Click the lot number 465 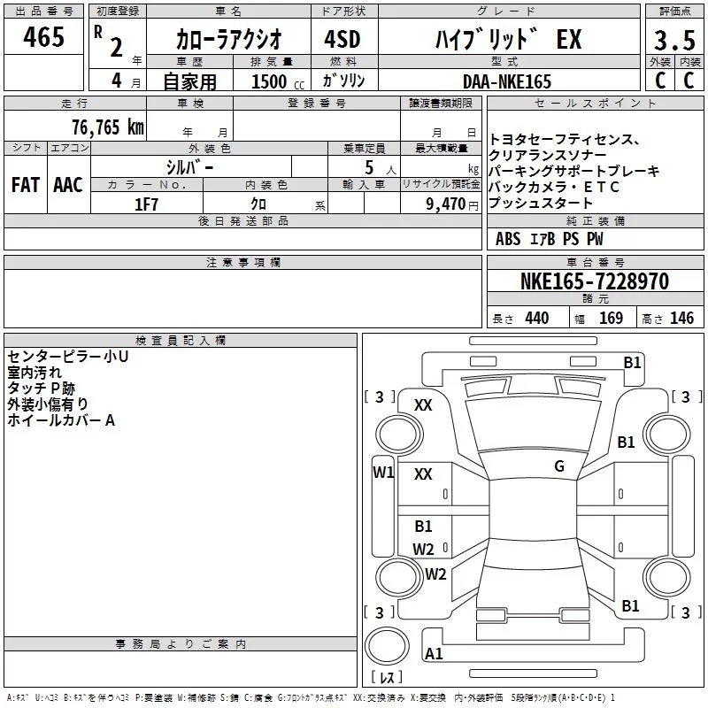pos(44,37)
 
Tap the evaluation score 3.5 pos(673,40)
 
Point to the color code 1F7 pos(146,204)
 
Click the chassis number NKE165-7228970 pos(594,281)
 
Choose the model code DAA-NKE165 pos(506,81)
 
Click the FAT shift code pos(25,185)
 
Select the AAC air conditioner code pos(68,185)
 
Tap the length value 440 pos(536,319)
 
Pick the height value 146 pos(681,319)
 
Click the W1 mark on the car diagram pos(382,472)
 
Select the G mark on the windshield pos(558,466)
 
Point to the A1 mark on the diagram pos(434,654)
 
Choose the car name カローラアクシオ pos(228,40)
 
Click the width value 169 pos(611,319)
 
